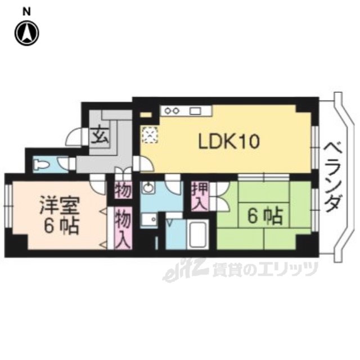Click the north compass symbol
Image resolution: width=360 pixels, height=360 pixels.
[26, 33]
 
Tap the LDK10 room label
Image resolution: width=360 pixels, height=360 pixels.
[228, 141]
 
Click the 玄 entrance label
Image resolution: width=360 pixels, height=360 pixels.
[101, 136]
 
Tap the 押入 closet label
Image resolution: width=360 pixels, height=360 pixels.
[197, 195]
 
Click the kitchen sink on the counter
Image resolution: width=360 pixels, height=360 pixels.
[196, 110]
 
